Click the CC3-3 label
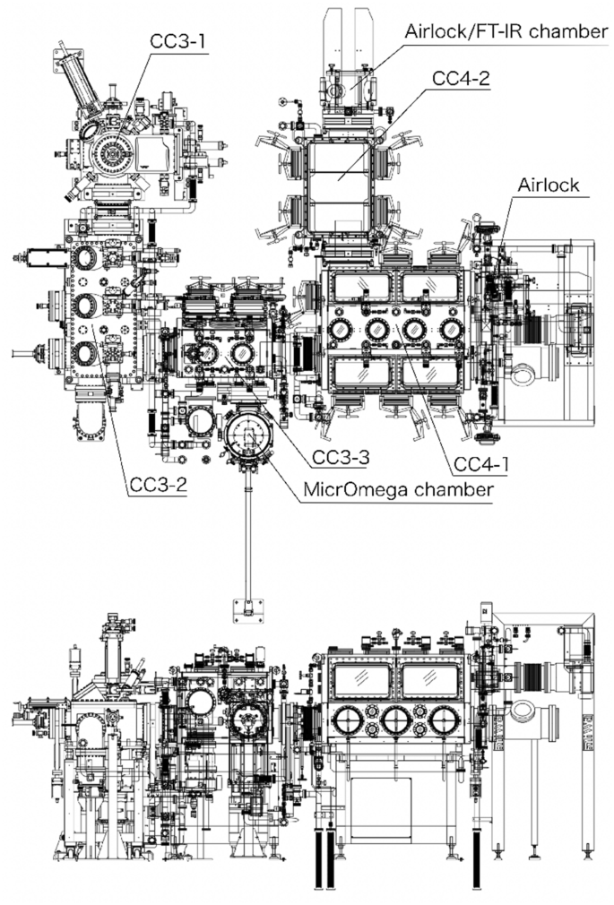(x=341, y=456)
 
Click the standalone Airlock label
(x=547, y=185)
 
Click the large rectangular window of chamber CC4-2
(x=339, y=177)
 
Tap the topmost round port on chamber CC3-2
(x=87, y=260)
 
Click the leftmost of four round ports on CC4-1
(x=341, y=331)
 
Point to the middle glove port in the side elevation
(x=393, y=719)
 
